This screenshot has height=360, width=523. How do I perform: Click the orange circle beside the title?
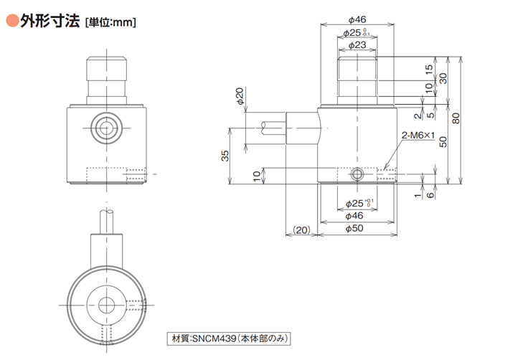[11, 21]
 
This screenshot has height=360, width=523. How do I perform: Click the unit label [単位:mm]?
[110, 22]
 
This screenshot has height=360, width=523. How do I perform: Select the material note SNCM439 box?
[228, 338]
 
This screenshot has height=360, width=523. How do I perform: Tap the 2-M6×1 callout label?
[418, 136]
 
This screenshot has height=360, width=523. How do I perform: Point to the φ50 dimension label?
[354, 228]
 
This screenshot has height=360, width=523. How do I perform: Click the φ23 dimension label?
[357, 45]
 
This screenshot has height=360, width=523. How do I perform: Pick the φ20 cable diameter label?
[240, 96]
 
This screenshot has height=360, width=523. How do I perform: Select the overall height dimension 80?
[456, 118]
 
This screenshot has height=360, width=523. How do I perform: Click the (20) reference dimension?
[301, 230]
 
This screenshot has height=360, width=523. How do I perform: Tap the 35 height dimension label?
[225, 156]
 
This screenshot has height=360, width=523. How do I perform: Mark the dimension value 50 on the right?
[443, 142]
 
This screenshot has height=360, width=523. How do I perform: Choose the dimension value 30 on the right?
[443, 78]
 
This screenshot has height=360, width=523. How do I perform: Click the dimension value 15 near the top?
[429, 69]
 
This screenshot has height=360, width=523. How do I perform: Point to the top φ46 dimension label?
[357, 19]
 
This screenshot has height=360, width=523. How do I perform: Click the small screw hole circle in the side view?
[357, 174]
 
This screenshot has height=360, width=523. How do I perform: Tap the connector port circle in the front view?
[106, 128]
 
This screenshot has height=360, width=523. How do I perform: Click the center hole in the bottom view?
[106, 305]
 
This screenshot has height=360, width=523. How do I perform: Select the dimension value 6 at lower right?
[430, 194]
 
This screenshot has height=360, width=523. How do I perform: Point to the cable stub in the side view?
[273, 128]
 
